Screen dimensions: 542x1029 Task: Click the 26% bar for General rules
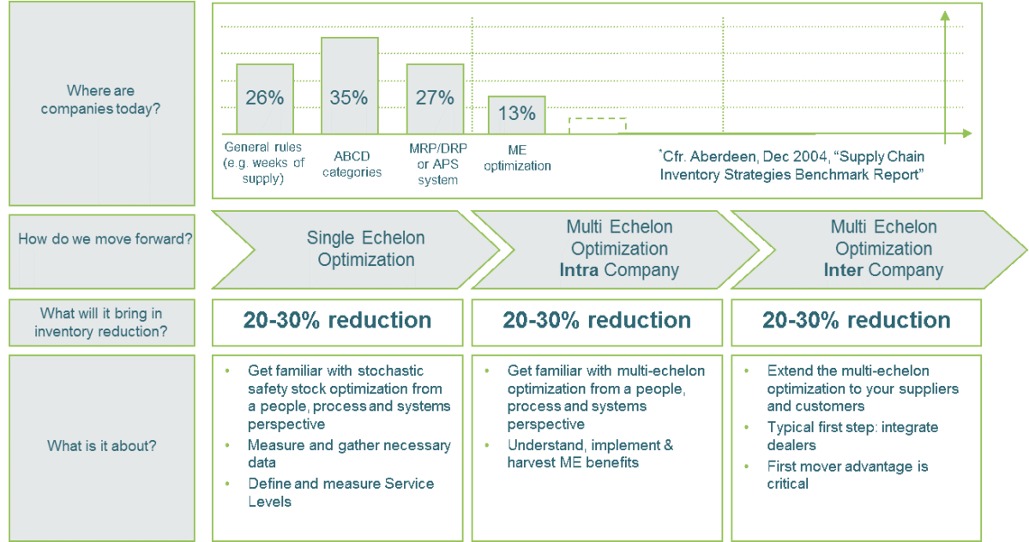click(x=264, y=98)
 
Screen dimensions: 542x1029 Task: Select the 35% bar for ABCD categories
click(x=349, y=85)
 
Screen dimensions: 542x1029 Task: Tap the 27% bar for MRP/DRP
click(x=434, y=98)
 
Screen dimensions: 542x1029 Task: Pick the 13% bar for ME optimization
click(x=516, y=114)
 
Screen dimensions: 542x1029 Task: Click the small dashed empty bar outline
click(x=598, y=125)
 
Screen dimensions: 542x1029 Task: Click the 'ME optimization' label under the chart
click(x=517, y=158)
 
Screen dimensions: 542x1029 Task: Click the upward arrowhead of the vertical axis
click(x=945, y=15)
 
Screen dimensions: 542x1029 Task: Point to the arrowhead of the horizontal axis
click(x=967, y=134)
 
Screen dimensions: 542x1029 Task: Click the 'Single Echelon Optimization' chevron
click(x=366, y=249)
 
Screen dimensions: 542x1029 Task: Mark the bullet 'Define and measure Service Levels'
click(x=340, y=491)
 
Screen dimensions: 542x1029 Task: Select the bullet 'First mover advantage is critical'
click(x=847, y=474)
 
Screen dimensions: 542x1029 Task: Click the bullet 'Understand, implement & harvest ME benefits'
click(x=590, y=455)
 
